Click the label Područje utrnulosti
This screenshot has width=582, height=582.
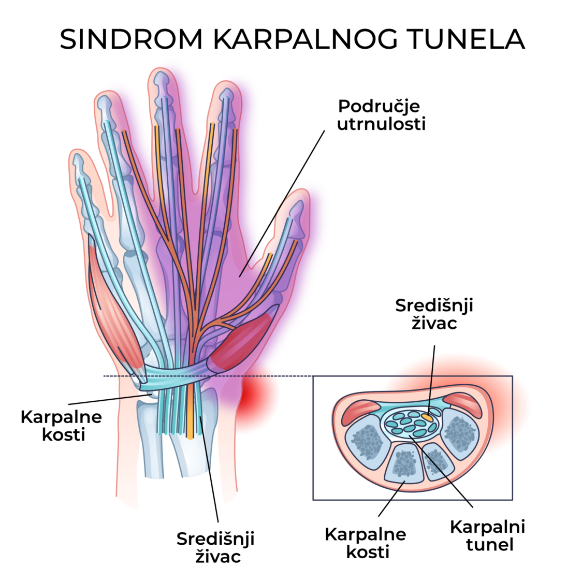[381, 115]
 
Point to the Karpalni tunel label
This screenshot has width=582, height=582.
[487, 535]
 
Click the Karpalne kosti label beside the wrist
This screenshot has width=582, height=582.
[61, 426]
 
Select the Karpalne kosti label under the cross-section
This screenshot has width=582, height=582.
[366, 543]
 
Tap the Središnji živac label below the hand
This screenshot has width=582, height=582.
[215, 547]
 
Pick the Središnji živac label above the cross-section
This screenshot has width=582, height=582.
[434, 314]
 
